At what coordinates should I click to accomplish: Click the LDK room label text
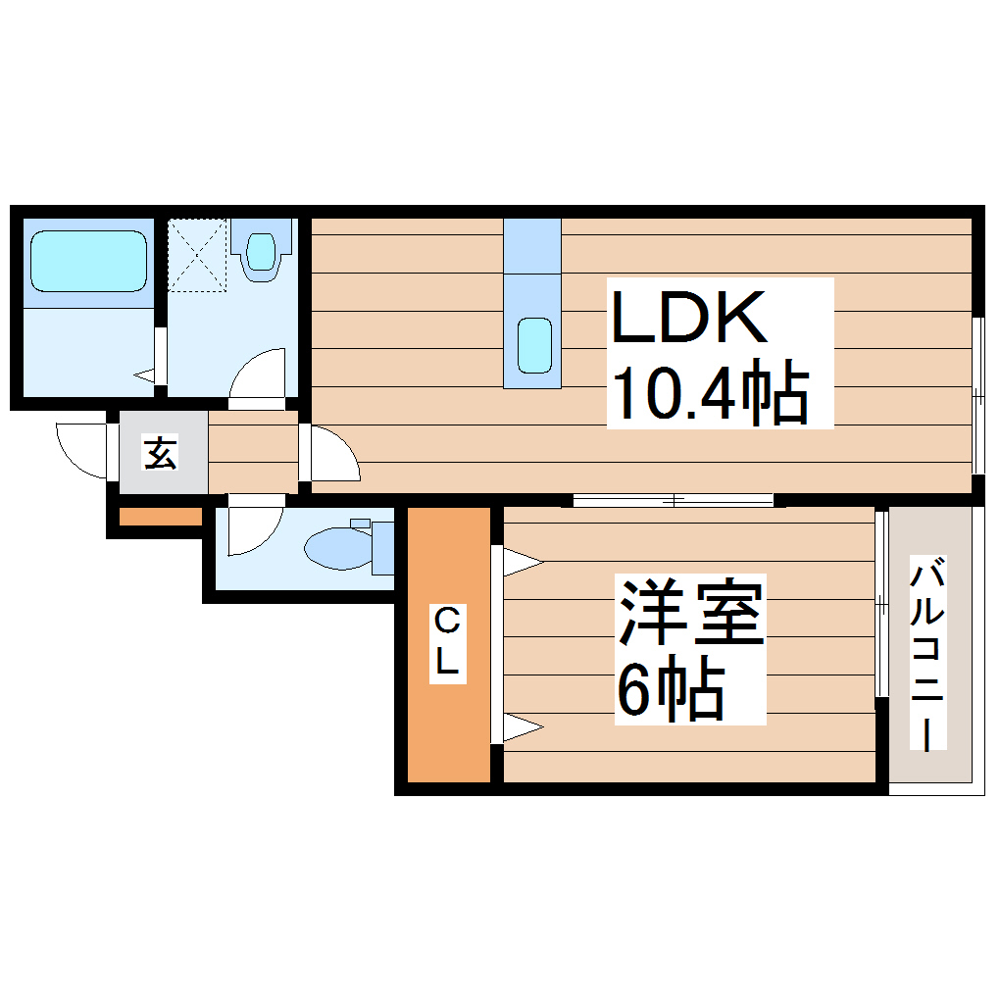pos(688,317)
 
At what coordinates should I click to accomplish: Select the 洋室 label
pos(690,613)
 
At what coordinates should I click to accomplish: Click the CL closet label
pos(447,643)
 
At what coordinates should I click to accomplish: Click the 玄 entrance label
pos(161,452)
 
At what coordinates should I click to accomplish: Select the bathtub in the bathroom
pos(87,260)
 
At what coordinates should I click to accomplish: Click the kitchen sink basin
pos(534,346)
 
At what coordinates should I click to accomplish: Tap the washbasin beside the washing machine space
pos(261,251)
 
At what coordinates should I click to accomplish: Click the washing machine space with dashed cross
pos(197,254)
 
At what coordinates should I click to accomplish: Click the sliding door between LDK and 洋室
pos(674,500)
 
